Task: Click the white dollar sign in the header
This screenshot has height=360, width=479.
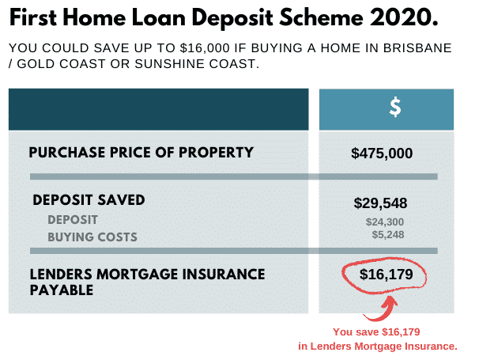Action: pos(395,107)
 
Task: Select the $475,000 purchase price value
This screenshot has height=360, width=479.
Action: pos(382,153)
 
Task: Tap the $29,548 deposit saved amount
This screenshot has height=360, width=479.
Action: pos(380,203)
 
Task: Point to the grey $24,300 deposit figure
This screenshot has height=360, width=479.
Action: pos(385,222)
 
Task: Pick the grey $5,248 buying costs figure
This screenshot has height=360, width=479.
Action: pos(388,235)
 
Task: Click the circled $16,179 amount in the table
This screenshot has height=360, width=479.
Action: pos(387,274)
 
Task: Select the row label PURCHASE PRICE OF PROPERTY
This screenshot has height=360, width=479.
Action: pos(141,152)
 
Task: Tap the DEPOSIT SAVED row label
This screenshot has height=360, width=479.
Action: pos(89,200)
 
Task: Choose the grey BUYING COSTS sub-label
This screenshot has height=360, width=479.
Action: pos(92,237)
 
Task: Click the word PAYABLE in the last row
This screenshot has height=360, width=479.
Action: pos(62,290)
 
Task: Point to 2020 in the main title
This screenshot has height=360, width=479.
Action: pos(404,17)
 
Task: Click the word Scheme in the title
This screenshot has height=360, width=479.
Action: pos(322,17)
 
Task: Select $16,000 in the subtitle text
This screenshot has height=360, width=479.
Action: pos(205,48)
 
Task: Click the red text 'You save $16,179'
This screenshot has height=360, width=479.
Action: pos(376,332)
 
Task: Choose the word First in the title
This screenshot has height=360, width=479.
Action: pos(33,17)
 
